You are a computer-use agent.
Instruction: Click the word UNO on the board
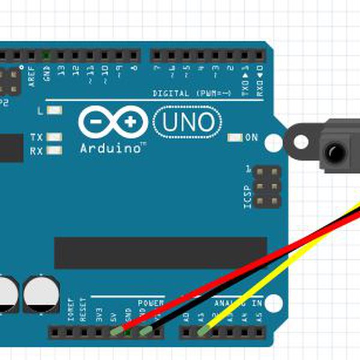(188, 122)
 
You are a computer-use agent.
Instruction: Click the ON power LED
(235, 138)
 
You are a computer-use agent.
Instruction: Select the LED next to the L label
(55, 111)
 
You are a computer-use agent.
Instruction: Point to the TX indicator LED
(55, 137)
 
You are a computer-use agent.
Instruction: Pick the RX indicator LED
(55, 151)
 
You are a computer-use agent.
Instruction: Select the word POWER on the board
(151, 303)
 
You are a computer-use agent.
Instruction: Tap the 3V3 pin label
(98, 313)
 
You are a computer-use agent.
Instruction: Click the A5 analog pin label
(259, 314)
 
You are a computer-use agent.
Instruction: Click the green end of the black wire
(146, 330)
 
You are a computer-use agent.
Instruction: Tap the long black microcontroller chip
(160, 252)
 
